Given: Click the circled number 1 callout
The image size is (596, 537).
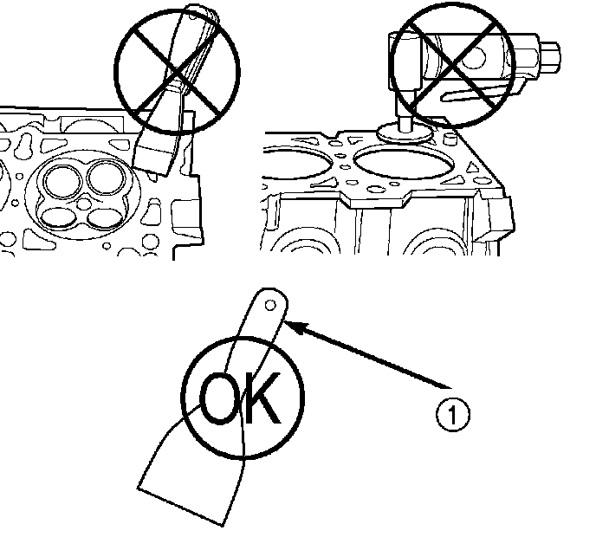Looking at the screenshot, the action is pos(454,415).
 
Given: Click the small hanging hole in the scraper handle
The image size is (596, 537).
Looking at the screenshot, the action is pos(271,305).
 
